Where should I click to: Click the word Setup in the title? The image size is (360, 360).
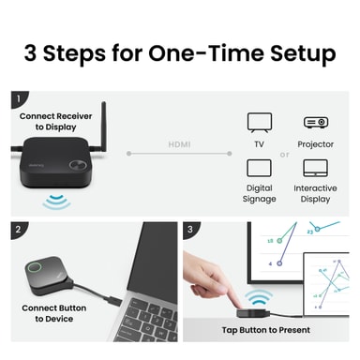pyautogui.click(x=303, y=53)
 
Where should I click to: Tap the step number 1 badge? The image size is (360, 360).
pyautogui.click(x=18, y=98)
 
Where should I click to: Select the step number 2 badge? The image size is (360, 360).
pyautogui.click(x=18, y=230)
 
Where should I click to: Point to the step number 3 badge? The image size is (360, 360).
pyautogui.click(x=190, y=230)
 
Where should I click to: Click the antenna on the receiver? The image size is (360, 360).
pyautogui.click(x=103, y=127)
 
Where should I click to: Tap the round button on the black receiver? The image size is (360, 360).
pyautogui.click(x=78, y=165)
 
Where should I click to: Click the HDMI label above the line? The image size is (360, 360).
pyautogui.click(x=179, y=144)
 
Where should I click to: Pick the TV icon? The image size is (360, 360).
pyautogui.click(x=260, y=123)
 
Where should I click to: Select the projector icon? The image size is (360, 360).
pyautogui.click(x=316, y=122)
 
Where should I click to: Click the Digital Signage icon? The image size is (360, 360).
pyautogui.click(x=259, y=168)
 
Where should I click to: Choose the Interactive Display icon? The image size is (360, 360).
pyautogui.click(x=315, y=168)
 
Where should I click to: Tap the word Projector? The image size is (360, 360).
pyautogui.click(x=315, y=144)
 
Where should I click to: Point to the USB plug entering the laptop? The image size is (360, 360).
pyautogui.click(x=113, y=301)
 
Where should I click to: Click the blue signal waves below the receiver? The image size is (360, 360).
pyautogui.click(x=56, y=202)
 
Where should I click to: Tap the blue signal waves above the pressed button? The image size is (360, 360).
pyautogui.click(x=258, y=297)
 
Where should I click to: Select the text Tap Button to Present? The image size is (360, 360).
pyautogui.click(x=266, y=330)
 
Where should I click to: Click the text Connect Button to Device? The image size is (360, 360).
pyautogui.click(x=54, y=313)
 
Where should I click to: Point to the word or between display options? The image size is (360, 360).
pyautogui.click(x=284, y=155)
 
